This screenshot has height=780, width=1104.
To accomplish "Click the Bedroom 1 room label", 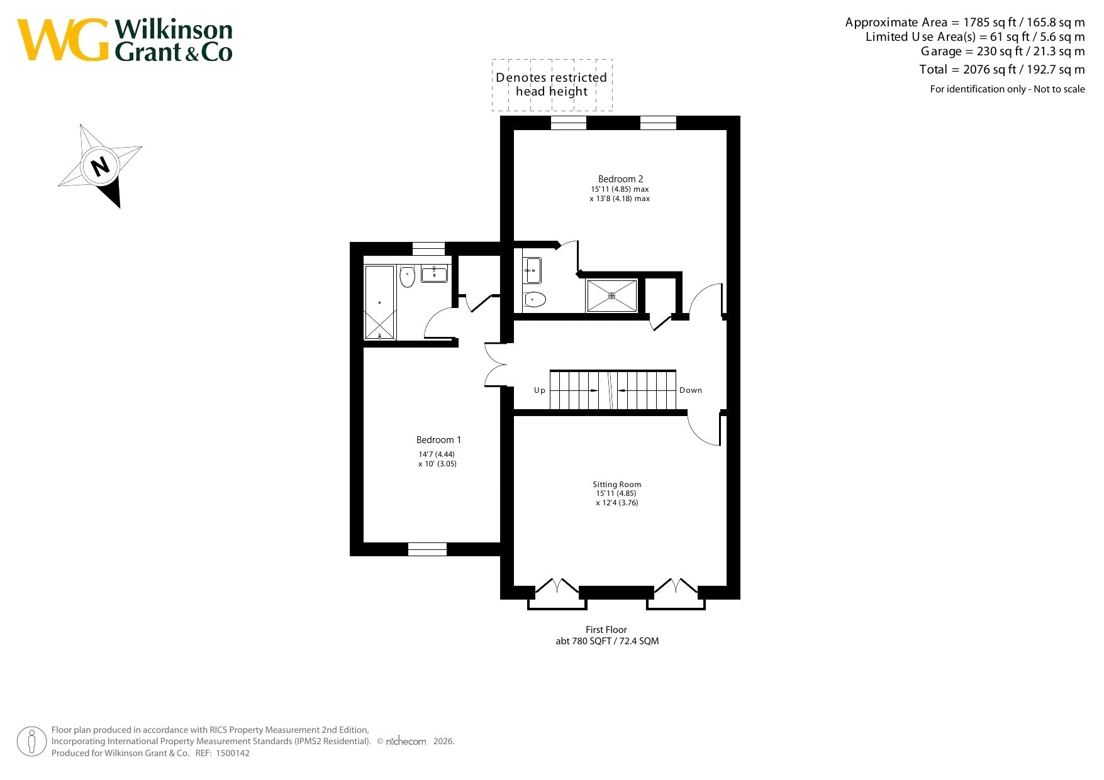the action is click(x=438, y=440).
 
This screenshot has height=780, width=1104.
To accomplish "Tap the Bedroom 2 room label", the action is click(x=620, y=179).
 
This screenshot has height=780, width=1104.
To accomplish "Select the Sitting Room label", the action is click(x=616, y=485).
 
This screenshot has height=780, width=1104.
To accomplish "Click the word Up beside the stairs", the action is click(x=540, y=390).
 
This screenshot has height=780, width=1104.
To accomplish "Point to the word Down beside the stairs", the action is click(x=691, y=390).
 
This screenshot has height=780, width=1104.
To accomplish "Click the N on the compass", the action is click(x=100, y=166).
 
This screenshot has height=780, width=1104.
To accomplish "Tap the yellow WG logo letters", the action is click(x=63, y=40).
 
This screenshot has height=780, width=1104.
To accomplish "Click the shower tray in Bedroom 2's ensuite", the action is click(x=611, y=295).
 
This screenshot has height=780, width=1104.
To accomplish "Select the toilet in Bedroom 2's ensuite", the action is click(x=534, y=300).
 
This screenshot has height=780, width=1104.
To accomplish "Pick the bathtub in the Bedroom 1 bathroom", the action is click(x=380, y=302).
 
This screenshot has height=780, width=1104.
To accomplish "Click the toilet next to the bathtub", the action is click(x=407, y=276).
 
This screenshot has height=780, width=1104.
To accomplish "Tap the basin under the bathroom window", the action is click(x=434, y=274).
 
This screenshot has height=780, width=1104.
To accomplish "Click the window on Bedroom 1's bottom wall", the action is click(x=427, y=549).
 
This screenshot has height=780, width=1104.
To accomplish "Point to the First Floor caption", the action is click(x=606, y=630).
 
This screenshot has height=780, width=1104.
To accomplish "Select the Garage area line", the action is click(x=1003, y=52).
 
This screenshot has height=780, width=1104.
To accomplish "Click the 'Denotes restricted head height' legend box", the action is click(x=552, y=85).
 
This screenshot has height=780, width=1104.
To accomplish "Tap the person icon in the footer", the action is click(x=31, y=742).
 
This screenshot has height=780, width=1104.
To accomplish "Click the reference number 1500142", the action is click(x=232, y=754).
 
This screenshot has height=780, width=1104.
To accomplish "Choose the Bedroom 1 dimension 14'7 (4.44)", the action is click(x=437, y=454).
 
